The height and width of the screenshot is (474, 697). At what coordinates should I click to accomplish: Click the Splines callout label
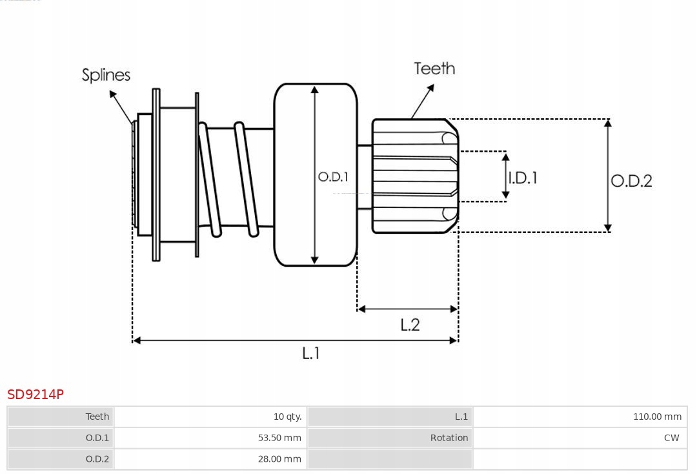pyautogui.click(x=106, y=75)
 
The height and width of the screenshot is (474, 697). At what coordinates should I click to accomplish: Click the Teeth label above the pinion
pyautogui.click(x=434, y=68)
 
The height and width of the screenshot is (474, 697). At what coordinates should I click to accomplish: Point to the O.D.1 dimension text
pyautogui.click(x=333, y=176)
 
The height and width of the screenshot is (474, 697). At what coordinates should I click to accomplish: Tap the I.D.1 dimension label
pyautogui.click(x=523, y=178)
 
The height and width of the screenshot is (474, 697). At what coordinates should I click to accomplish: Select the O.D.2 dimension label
pyautogui.click(x=631, y=181)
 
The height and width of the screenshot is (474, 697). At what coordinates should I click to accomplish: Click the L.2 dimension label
pyautogui.click(x=410, y=325)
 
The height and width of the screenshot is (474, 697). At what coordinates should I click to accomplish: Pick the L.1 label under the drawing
pyautogui.click(x=311, y=353)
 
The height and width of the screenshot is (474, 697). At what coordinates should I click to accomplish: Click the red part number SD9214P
pyautogui.click(x=35, y=394)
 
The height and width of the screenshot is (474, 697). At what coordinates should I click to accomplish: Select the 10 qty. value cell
pyautogui.click(x=287, y=417)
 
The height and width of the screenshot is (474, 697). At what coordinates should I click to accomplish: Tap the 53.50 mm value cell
pyautogui.click(x=279, y=438)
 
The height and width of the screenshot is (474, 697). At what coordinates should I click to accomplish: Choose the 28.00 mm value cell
pyautogui.click(x=279, y=459)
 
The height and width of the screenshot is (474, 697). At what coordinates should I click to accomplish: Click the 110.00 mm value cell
pyautogui.click(x=657, y=417)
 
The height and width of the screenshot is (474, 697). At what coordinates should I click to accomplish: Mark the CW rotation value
pyautogui.click(x=671, y=438)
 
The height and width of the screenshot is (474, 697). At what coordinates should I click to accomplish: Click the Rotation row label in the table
pyautogui.click(x=449, y=438)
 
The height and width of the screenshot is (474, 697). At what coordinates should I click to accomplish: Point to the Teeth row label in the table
pyautogui.click(x=97, y=417)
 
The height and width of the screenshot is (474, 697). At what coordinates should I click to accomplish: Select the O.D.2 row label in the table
pyautogui.click(x=97, y=459)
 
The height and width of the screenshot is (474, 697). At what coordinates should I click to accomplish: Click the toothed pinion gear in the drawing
pyautogui.click(x=413, y=176)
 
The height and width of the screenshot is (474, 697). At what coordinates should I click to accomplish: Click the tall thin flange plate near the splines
pyautogui.click(x=156, y=174)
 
